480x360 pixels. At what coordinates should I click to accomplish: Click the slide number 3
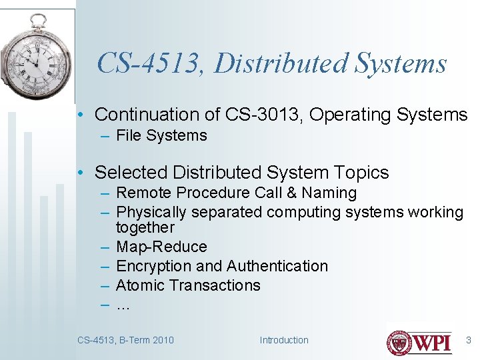click(468, 340)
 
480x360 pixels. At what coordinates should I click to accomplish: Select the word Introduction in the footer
click(284, 340)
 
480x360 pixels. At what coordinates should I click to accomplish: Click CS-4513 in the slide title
click(151, 64)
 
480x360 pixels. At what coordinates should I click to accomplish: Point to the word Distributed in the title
click(282, 64)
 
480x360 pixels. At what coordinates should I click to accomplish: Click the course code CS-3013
click(265, 115)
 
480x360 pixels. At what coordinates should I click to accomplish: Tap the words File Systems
click(161, 135)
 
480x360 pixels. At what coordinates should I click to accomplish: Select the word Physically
click(151, 212)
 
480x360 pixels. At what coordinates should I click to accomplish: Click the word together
click(145, 227)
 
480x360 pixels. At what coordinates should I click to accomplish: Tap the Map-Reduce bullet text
click(161, 247)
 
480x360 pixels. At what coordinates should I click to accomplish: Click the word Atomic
click(140, 285)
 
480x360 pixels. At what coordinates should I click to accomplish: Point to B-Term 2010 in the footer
click(146, 340)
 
